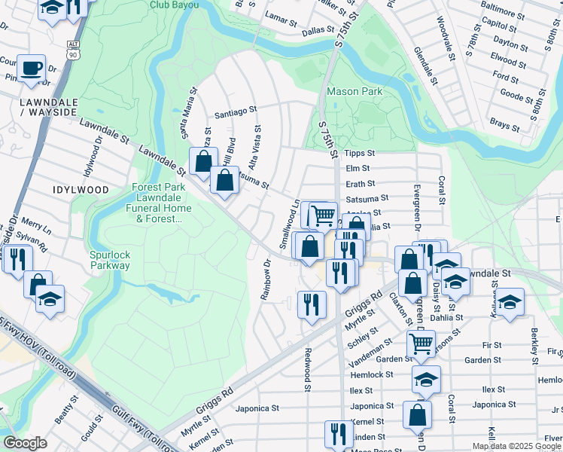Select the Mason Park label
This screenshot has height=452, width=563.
pos(355,92)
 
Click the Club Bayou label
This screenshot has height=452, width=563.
pos(175,5)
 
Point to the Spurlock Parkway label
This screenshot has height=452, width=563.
pos(110,260)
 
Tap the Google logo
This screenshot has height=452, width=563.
pos(25,443)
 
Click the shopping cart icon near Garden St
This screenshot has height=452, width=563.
pos(421,344)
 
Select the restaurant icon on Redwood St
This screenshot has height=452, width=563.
pos(312,304)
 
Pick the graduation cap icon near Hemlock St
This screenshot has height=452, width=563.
pos(426,380)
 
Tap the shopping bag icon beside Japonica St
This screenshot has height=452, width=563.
pos(417,414)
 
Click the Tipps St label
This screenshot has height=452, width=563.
pos(359,153)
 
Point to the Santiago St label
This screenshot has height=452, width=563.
pos(236,111)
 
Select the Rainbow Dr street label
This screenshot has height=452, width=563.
pos(266,279)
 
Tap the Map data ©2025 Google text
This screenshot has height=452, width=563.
pos(516,446)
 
